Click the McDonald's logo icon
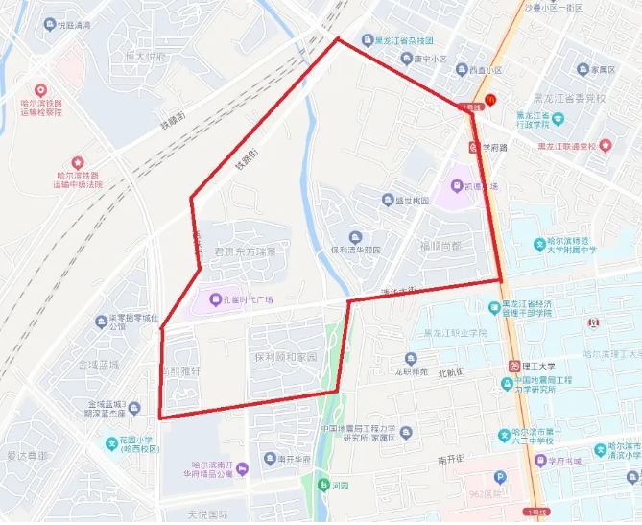click(x=489, y=99)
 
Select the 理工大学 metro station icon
click(x=514, y=366)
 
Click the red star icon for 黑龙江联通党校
click(x=605, y=146)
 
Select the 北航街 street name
click(x=450, y=372)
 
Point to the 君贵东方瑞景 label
click(x=245, y=251)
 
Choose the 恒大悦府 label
click(x=145, y=57)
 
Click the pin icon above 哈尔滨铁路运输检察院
click(x=40, y=89)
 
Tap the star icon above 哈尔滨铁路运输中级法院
click(x=78, y=163)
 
